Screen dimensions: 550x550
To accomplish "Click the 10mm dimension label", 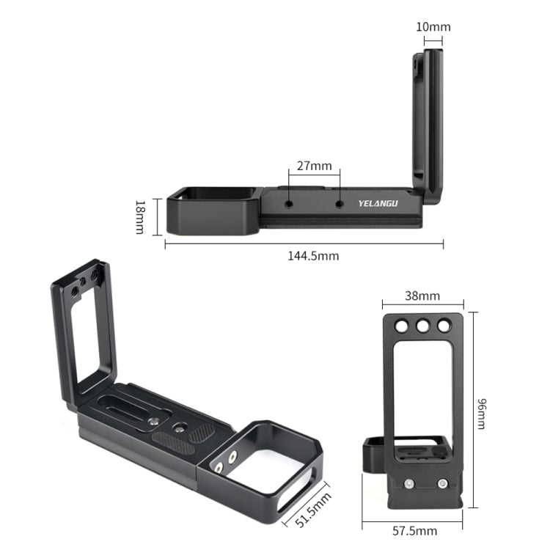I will pyautogui.click(x=433, y=27).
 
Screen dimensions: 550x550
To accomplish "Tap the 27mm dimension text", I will pyautogui.click(x=315, y=165).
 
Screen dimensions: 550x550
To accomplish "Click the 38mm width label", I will pyautogui.click(x=422, y=296).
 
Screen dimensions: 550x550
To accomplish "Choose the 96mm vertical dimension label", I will pyautogui.click(x=480, y=414).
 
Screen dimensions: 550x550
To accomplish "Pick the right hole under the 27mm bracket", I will pyautogui.click(x=339, y=205).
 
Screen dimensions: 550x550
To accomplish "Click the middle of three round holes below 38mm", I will pyautogui.click(x=423, y=325).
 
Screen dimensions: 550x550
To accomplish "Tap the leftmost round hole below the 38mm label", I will pyautogui.click(x=402, y=325).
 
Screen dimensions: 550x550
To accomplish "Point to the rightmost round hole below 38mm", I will pyautogui.click(x=444, y=325).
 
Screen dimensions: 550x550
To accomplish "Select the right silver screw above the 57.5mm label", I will pyautogui.click(x=442, y=483).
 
